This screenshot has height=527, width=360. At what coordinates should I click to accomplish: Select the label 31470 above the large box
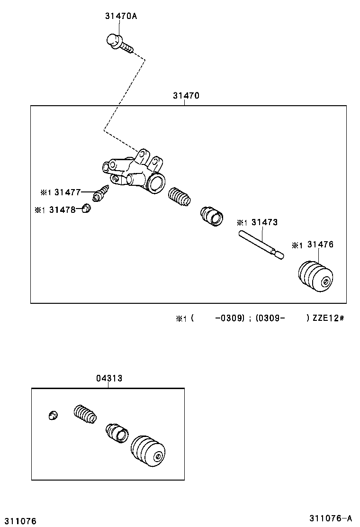186,95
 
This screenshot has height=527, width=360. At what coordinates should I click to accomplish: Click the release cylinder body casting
135,173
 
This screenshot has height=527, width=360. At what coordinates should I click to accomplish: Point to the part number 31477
67,192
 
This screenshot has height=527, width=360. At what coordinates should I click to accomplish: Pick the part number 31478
63,209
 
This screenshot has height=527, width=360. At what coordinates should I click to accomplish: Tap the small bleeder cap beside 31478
86,208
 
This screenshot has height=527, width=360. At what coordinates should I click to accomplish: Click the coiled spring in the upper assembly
180,197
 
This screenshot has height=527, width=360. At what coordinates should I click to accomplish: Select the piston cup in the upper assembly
212,216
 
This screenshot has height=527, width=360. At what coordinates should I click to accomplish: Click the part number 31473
264,222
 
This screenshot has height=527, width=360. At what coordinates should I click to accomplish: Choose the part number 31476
320,245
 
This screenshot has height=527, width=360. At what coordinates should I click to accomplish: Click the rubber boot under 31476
316,277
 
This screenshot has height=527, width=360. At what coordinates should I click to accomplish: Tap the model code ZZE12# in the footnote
328,318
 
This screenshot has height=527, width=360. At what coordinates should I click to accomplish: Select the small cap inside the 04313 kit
54,415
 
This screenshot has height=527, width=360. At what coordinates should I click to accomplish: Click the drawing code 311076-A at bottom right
332,518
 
